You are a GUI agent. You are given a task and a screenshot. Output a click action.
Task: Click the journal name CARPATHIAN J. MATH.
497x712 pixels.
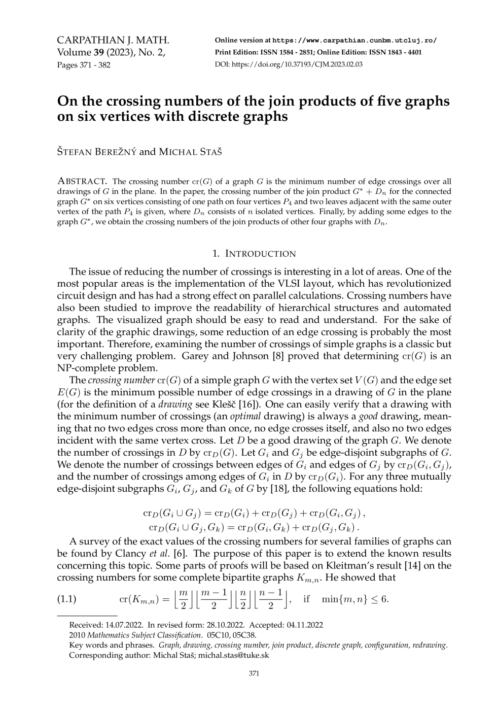[x=113, y=41]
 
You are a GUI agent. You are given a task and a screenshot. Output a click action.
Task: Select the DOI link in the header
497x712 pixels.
[x=297, y=64]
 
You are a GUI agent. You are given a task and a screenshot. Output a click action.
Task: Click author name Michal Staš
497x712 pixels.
[x=190, y=152]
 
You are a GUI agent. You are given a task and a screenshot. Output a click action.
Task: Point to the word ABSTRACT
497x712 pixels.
[x=82, y=181]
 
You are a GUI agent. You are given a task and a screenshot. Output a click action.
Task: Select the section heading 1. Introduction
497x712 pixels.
[x=254, y=254]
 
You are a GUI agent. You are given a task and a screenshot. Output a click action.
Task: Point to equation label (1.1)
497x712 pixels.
[x=66, y=599]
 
